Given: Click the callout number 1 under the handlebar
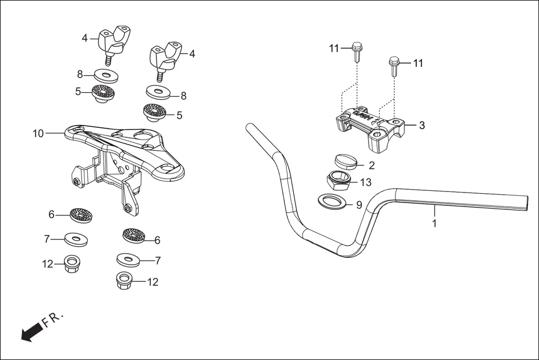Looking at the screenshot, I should pos(435,223).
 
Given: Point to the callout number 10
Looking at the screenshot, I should pos(38,133).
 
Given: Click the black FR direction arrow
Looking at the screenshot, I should pos(31,332).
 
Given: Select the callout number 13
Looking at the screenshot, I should pos(365,183).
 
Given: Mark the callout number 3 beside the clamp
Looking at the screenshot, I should pos(422,126).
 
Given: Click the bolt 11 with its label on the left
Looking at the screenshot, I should pos(357,53).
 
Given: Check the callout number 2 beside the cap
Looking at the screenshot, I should pos(372,165).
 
